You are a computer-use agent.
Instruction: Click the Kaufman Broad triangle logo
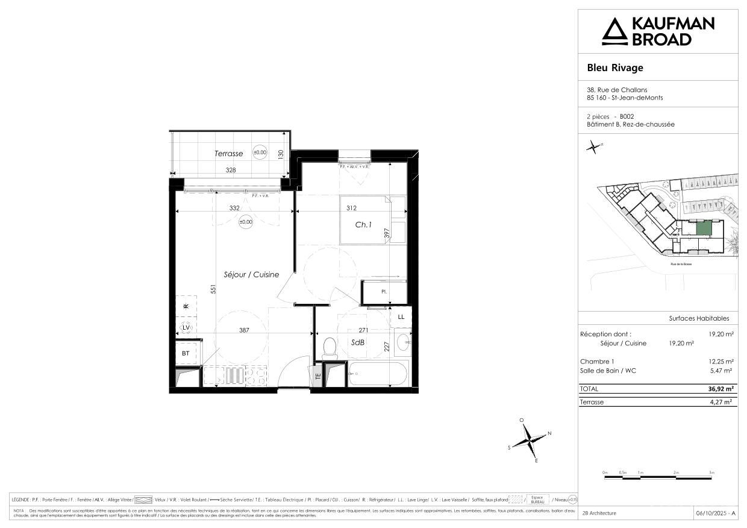(614, 31)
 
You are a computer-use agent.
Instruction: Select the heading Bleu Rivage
(615, 68)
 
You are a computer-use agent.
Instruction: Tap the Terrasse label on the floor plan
(229, 154)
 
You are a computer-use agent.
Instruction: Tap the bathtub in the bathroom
(378, 374)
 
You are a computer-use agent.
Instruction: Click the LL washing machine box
(401, 316)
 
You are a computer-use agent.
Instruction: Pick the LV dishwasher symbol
(186, 328)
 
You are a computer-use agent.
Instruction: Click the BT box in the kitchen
(186, 353)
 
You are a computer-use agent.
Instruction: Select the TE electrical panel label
(318, 376)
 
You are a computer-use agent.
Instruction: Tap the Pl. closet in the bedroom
(384, 292)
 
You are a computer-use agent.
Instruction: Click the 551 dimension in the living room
(213, 289)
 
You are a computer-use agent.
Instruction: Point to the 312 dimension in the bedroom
(352, 209)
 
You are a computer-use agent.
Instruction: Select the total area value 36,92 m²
(720, 389)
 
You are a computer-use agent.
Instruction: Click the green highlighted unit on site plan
(704, 228)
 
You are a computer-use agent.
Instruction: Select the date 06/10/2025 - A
(715, 513)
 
